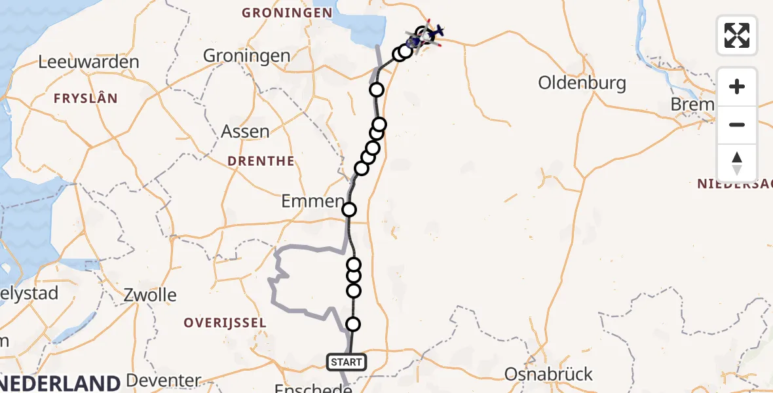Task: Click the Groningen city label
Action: (x=246, y=56)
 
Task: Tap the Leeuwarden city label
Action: (x=88, y=62)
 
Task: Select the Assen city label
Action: (x=245, y=131)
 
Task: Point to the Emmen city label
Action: (x=312, y=201)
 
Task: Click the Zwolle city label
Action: (x=150, y=295)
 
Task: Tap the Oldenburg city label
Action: (x=582, y=83)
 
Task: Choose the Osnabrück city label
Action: (x=548, y=375)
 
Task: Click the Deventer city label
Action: (x=163, y=380)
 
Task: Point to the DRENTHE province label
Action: (x=261, y=161)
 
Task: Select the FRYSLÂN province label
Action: (x=86, y=99)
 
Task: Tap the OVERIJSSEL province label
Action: (x=225, y=323)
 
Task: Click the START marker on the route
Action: (x=347, y=362)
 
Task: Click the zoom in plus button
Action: (x=737, y=86)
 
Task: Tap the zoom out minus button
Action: (x=737, y=124)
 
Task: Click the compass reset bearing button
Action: (x=737, y=162)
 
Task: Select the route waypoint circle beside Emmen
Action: (x=349, y=210)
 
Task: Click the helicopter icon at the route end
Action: (x=434, y=31)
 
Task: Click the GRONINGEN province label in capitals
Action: (x=287, y=12)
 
